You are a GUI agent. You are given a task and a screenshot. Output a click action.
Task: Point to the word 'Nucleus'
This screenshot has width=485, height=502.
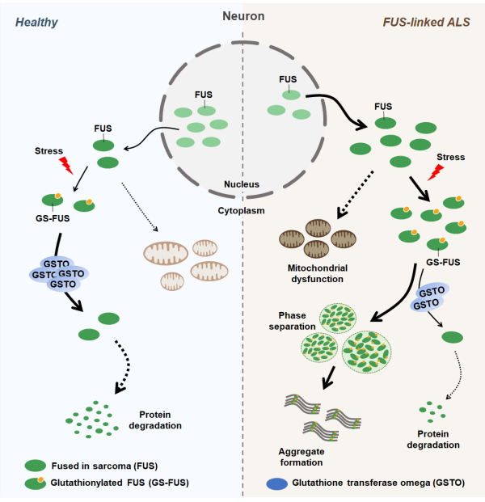(242, 184)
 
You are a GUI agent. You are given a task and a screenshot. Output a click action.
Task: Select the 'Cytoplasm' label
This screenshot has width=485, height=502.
(242, 208)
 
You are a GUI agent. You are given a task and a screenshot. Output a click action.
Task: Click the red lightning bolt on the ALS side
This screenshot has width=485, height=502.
(436, 171)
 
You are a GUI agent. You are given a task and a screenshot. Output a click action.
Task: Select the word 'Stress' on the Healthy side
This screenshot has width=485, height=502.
(50, 150)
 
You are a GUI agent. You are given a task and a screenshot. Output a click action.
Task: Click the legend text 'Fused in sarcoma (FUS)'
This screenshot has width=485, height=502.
(111, 466)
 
